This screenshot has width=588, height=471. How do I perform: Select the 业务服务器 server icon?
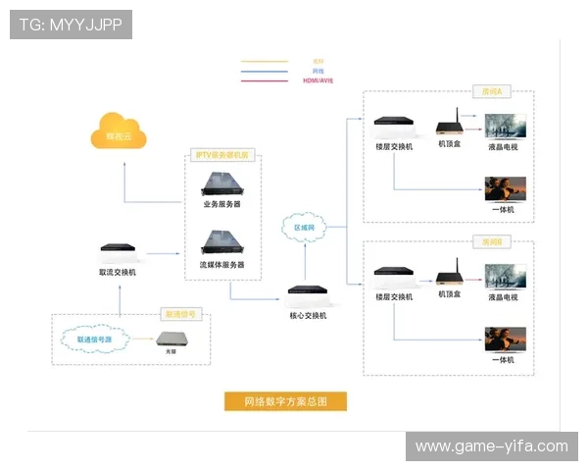tap(221, 183)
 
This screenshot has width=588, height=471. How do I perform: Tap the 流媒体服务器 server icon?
tap(221, 242)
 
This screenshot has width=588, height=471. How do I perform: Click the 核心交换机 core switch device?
tap(308, 292)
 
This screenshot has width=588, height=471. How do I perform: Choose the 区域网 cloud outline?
tap(306, 227)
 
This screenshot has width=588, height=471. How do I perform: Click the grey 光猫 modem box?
tap(174, 340)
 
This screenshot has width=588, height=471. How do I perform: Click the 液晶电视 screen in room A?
tap(506, 127)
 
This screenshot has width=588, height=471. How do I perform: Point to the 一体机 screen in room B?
tap(506, 340)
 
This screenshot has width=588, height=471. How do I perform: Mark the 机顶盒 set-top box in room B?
tap(450, 276)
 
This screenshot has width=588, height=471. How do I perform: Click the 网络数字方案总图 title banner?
tap(284, 400)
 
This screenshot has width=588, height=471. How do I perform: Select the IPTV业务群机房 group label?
tap(222, 155)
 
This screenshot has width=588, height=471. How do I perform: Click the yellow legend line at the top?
tap(265, 61)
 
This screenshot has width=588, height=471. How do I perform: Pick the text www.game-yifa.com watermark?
tap(491, 446)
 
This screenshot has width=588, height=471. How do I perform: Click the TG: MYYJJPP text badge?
tap(71, 24)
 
